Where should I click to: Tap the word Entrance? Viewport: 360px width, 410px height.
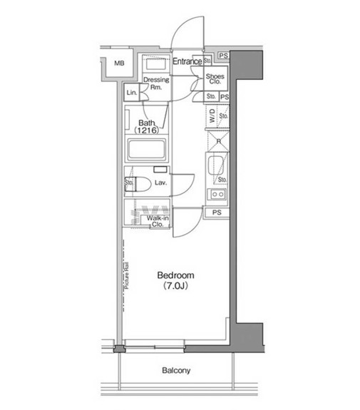coord(187,62)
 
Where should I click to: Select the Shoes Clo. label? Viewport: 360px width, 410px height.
coord(215,78)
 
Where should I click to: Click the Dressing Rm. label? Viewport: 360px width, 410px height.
coord(155,84)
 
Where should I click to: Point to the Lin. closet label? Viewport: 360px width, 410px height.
coord(132,93)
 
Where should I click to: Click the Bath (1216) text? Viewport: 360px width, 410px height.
coord(149,127)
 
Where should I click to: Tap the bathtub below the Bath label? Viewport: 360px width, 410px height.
coord(147,150)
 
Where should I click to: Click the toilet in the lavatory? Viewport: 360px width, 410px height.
coord(140,184)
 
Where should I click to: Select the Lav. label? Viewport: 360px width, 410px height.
coord(160,183)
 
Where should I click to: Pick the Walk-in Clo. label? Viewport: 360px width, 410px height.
coord(158,220)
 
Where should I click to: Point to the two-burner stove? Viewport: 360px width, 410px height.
coord(217,194)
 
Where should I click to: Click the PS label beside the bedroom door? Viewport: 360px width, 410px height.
coord(216,212)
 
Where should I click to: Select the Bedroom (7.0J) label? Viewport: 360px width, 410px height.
coord(175,280)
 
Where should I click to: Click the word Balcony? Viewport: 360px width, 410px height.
coord(175,371)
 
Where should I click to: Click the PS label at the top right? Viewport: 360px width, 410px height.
coord(223,56)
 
